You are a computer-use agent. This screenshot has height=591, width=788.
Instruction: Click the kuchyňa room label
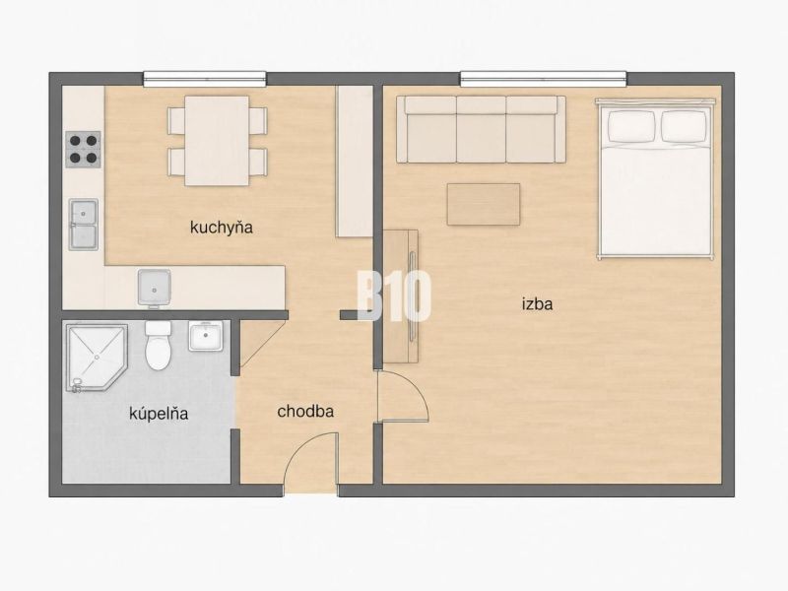point(221,228)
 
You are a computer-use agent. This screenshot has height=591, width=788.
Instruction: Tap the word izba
point(537,303)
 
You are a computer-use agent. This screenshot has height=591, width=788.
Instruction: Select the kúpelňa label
point(159,413)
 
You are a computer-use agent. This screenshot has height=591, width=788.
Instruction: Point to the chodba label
point(305,411)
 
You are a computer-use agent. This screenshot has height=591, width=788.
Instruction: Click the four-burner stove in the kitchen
point(83,150)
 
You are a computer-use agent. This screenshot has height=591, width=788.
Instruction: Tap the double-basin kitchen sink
point(84,225)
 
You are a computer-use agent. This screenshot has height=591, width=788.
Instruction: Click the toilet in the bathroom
point(158,345)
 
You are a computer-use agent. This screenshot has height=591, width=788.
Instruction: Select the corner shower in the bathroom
point(96,358)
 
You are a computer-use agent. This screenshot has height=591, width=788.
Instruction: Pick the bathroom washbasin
point(205,336)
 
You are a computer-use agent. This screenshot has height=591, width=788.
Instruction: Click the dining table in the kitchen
point(217,141)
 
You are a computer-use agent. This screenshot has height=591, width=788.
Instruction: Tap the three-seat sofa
point(481,129)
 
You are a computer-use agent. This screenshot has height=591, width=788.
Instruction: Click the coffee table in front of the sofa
point(484,204)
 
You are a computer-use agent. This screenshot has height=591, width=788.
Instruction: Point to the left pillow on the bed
point(631,126)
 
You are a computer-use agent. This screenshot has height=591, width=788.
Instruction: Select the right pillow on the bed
point(684,126)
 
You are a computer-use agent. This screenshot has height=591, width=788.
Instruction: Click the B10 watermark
point(394,295)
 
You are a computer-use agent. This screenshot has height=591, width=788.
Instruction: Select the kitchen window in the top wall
point(205,79)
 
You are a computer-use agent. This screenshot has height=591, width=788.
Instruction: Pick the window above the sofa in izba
point(544,79)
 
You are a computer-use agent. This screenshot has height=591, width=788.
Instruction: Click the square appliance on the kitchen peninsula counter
point(154,288)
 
